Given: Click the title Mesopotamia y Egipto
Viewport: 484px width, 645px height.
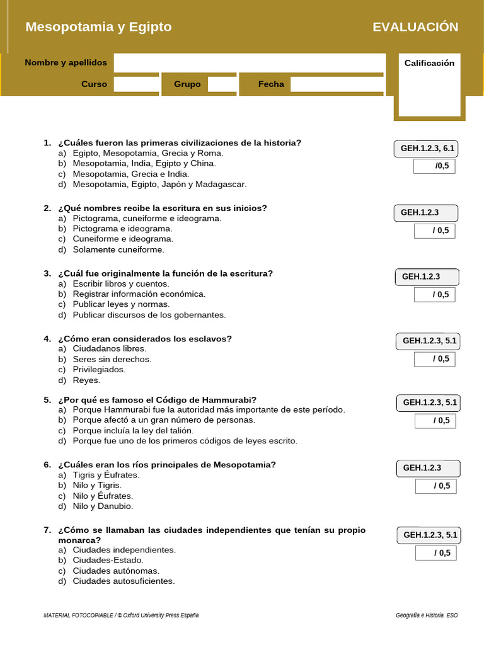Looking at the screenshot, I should (98, 26).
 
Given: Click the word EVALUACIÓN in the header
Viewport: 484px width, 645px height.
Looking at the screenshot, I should (415, 26).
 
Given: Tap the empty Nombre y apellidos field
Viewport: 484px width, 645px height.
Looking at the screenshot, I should (249, 62).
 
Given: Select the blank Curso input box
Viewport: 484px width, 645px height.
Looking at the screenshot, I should (135, 84).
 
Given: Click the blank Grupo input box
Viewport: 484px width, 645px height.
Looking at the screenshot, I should (222, 84).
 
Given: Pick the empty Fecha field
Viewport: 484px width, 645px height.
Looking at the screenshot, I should (337, 84).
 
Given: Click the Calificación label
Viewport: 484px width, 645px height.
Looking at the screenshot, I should (429, 63).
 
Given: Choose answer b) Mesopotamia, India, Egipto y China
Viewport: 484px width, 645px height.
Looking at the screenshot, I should (144, 163).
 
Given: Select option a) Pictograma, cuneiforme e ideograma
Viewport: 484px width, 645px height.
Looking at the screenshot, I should (147, 219).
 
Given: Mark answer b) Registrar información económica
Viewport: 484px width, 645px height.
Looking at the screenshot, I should (139, 294).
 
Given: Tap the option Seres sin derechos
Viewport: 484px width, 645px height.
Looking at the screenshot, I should (112, 359).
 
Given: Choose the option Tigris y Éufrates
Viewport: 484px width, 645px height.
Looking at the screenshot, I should (106, 475).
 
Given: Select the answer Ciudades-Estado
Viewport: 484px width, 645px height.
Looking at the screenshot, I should (108, 560).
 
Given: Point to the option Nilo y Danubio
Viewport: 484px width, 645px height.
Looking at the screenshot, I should (103, 506).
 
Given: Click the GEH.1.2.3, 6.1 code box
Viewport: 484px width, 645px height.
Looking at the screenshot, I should (427, 149).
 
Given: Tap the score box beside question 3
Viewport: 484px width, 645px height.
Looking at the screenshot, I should (434, 294).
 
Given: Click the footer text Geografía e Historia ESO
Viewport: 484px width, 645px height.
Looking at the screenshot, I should (427, 615).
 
